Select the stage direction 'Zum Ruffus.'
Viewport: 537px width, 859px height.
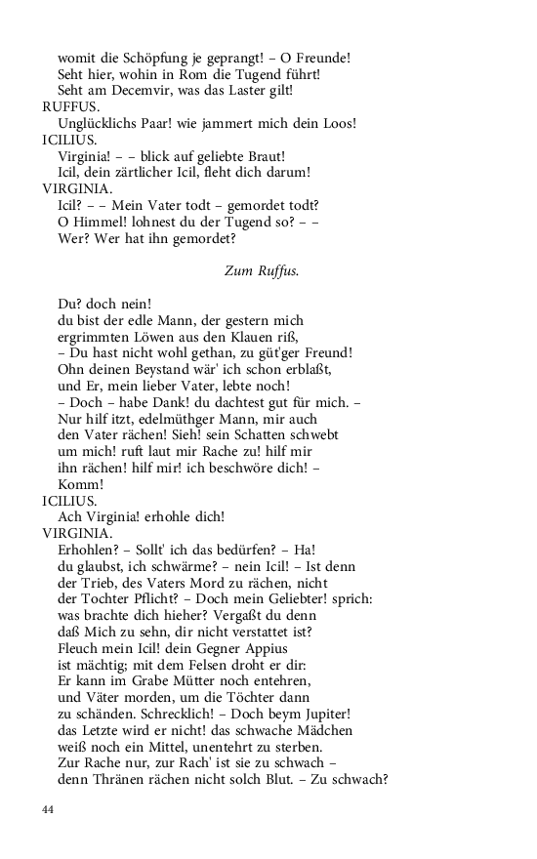click(x=262, y=271)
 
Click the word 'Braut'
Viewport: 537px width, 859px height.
click(x=263, y=156)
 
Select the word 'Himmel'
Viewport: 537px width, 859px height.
click(x=94, y=222)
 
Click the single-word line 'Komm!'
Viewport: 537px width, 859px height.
click(x=80, y=482)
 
